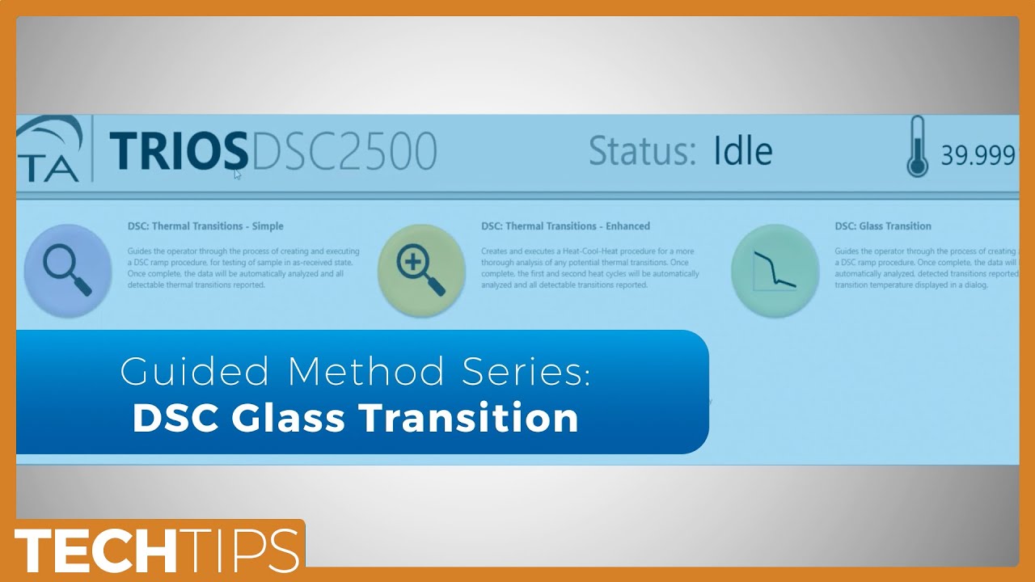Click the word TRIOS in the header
pos(178,151)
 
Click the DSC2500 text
pos(344,151)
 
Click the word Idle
pos(742,151)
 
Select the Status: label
pos(642,151)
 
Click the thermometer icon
pos(917,147)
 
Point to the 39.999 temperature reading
pos(977,155)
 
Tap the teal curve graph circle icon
pos(775,269)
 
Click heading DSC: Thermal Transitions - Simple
pos(205,226)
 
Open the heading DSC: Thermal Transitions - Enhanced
pos(565,226)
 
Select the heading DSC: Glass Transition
pos(883,226)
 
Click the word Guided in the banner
pos(194,373)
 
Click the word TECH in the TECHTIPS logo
pos(95,551)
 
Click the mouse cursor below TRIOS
pos(237,173)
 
